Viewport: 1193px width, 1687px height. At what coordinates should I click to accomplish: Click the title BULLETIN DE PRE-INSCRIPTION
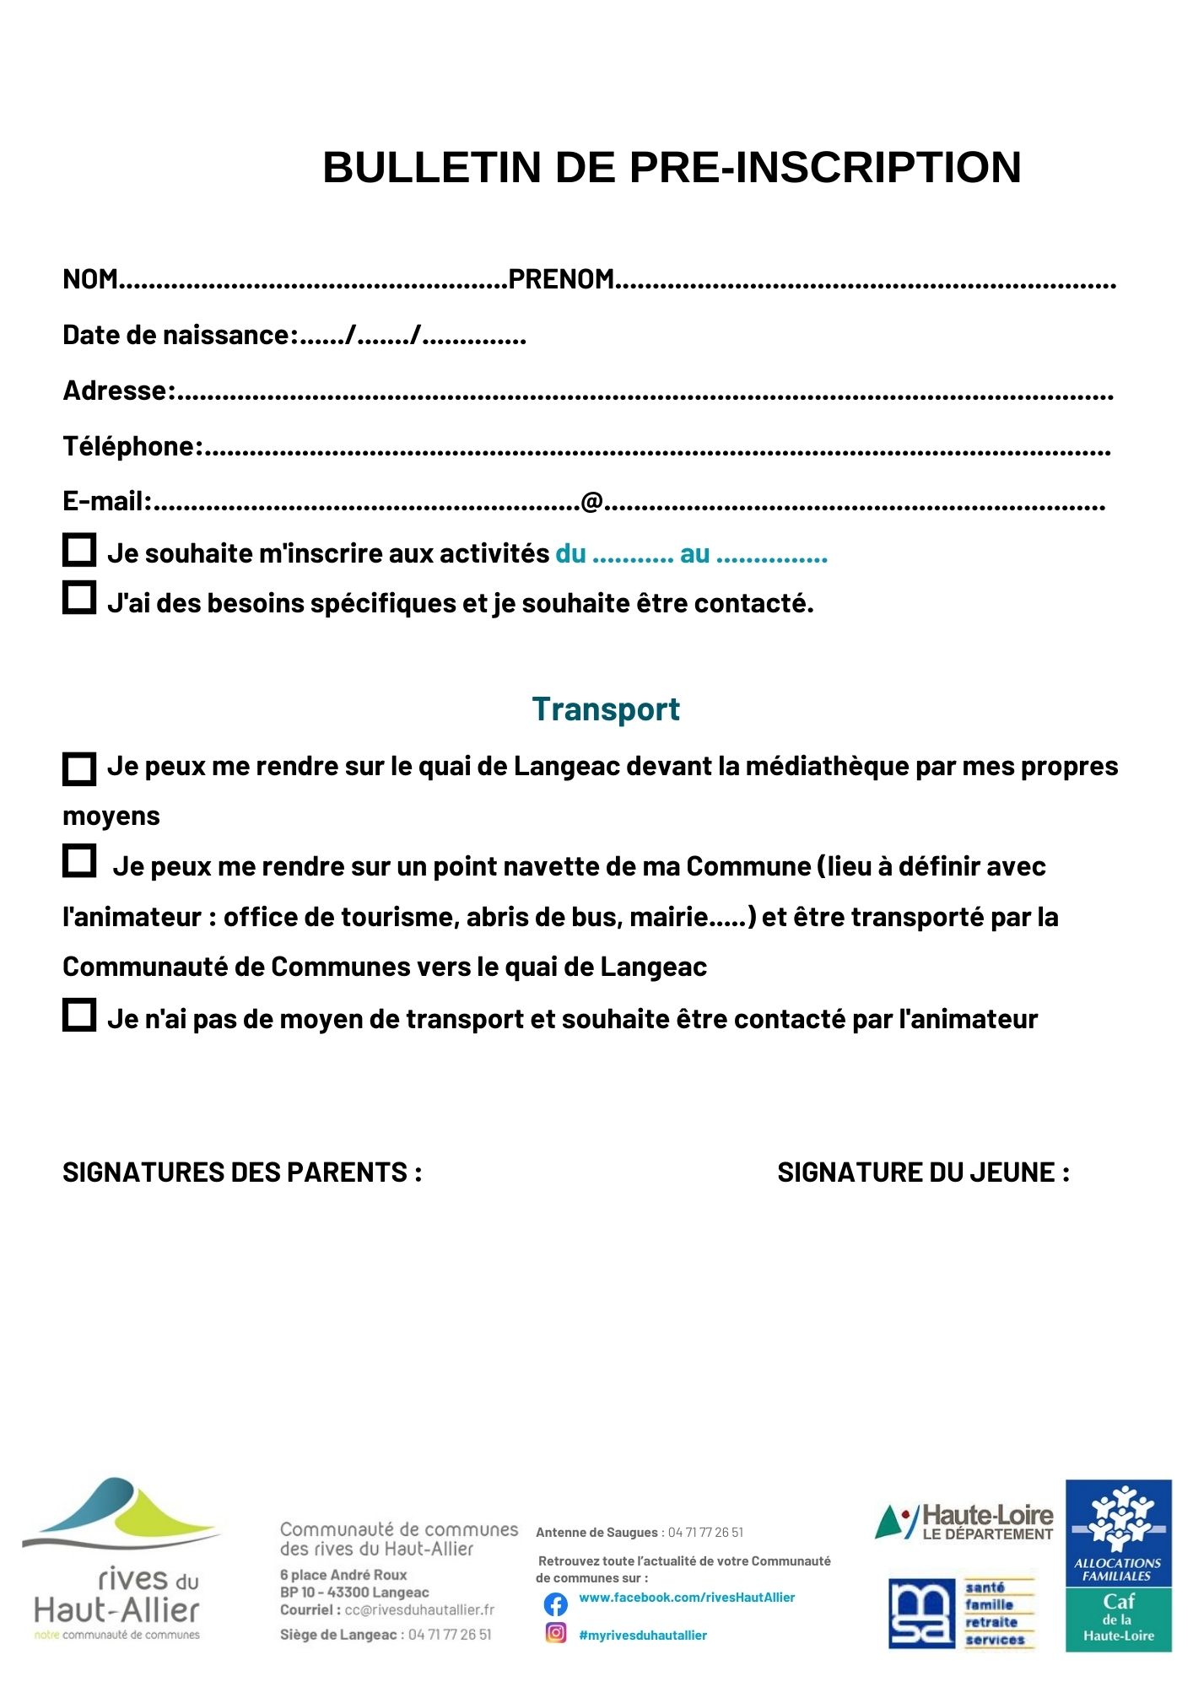tap(672, 167)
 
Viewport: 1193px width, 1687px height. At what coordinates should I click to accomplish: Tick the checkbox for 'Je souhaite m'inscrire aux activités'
tap(79, 550)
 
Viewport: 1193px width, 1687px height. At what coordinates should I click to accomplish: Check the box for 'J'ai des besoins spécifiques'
tap(79, 598)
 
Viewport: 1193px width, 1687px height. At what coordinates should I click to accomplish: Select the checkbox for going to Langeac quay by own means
tap(79, 768)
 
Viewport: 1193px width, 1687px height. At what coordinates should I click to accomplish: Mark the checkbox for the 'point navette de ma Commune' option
tap(79, 861)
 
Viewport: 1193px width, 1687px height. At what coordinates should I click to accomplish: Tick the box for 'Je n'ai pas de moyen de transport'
tap(79, 1015)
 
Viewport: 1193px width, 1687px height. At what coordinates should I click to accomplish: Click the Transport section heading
tap(605, 709)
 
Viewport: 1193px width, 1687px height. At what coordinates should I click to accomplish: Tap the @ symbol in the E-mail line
tap(591, 501)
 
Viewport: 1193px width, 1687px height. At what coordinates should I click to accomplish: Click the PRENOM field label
tap(560, 279)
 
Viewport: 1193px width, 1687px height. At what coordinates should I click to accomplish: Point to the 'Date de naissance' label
tap(180, 335)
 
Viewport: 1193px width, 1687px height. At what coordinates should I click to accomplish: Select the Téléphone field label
tap(132, 446)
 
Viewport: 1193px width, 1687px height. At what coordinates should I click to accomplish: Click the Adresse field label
tap(118, 391)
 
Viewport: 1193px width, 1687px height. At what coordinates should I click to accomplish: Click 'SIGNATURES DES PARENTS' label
tap(242, 1172)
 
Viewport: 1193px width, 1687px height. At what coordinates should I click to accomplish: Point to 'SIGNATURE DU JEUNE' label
tap(923, 1172)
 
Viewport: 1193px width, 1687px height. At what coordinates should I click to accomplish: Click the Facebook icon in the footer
tap(555, 1603)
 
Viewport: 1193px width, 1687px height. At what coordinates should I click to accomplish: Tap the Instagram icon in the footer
tap(555, 1633)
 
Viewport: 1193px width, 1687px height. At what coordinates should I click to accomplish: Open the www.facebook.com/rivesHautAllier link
tap(687, 1598)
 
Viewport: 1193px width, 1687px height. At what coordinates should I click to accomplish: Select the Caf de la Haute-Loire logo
tap(1118, 1566)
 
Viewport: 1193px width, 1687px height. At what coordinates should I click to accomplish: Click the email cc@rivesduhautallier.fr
tap(419, 1609)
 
